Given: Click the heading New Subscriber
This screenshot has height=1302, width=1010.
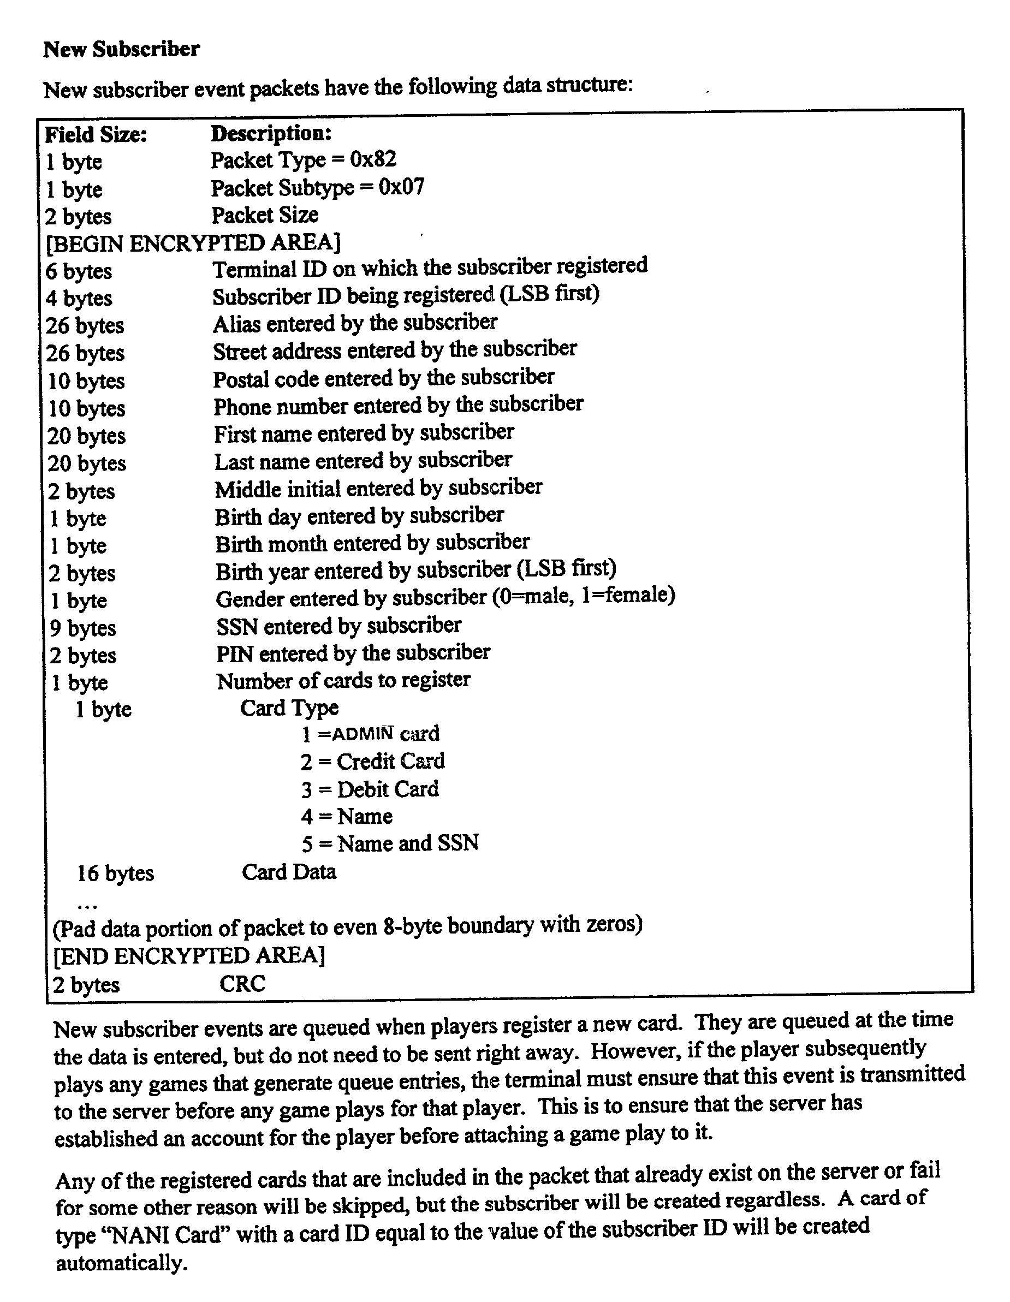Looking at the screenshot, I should (122, 49).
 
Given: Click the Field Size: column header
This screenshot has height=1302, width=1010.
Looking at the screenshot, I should (96, 135).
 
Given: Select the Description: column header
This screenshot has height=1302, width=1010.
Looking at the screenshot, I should (271, 133).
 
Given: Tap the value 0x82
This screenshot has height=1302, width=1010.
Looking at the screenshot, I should (373, 159).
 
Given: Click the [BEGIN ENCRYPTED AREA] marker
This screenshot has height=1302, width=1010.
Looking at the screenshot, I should (193, 243).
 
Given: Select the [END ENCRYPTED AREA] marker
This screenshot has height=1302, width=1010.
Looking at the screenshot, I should (189, 956).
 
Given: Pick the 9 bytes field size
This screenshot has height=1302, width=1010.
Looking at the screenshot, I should (83, 628).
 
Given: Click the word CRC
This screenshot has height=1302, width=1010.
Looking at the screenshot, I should (242, 984).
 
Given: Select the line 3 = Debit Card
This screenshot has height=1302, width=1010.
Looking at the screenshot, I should (370, 789).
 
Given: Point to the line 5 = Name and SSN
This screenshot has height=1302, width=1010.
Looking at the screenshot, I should (390, 843).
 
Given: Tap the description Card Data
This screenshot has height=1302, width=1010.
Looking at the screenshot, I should (289, 872).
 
